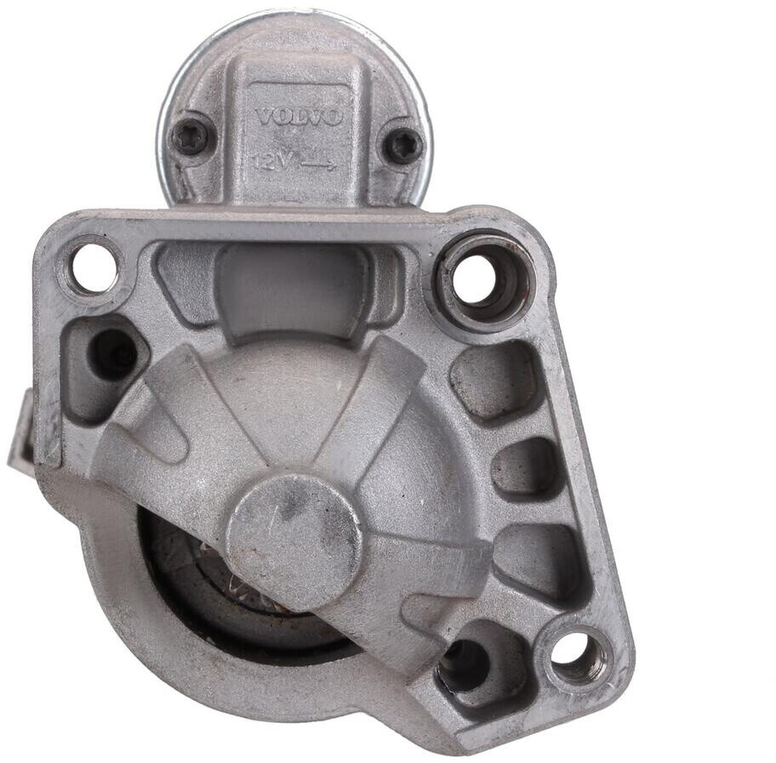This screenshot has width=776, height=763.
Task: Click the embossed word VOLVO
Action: click(x=299, y=118)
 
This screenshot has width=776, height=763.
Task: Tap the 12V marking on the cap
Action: click(x=269, y=162)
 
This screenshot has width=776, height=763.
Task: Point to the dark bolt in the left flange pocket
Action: click(x=111, y=353)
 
